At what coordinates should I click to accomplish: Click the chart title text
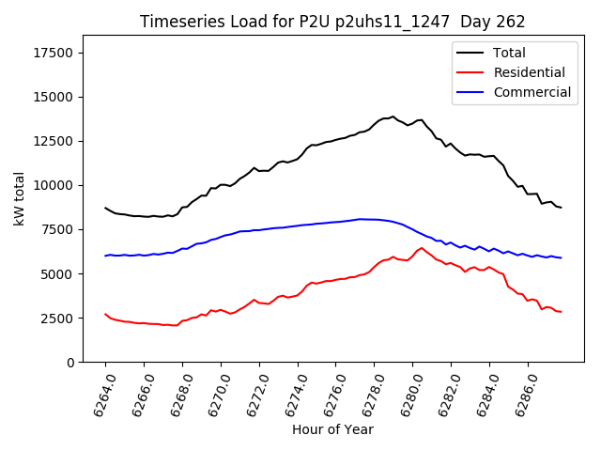pyautogui.click(x=332, y=21)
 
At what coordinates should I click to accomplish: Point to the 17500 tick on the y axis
pyautogui.click(x=53, y=53)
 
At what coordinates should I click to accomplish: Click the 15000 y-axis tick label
pyautogui.click(x=53, y=97)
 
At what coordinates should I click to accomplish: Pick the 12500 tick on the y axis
pyautogui.click(x=53, y=141)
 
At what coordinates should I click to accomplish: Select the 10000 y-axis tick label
pyautogui.click(x=53, y=185)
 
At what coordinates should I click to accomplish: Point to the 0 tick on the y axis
pyautogui.click(x=70, y=363)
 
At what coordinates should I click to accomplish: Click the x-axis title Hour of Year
pyautogui.click(x=332, y=430)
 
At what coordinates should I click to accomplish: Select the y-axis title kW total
pyautogui.click(x=19, y=198)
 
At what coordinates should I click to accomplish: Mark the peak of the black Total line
pyautogui.click(x=393, y=117)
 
